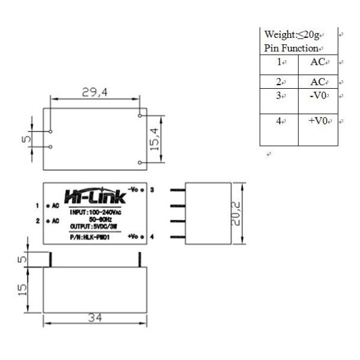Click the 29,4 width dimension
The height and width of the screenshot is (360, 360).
[95, 92]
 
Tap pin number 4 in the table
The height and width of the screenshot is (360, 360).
[279, 121]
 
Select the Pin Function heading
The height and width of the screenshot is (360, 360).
[291, 48]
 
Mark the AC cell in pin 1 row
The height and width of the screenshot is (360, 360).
[319, 62]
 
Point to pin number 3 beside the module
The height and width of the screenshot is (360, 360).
[152, 190]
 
